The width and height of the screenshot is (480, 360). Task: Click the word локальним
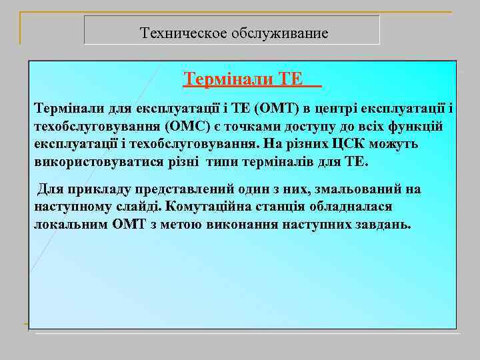[x=69, y=225]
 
